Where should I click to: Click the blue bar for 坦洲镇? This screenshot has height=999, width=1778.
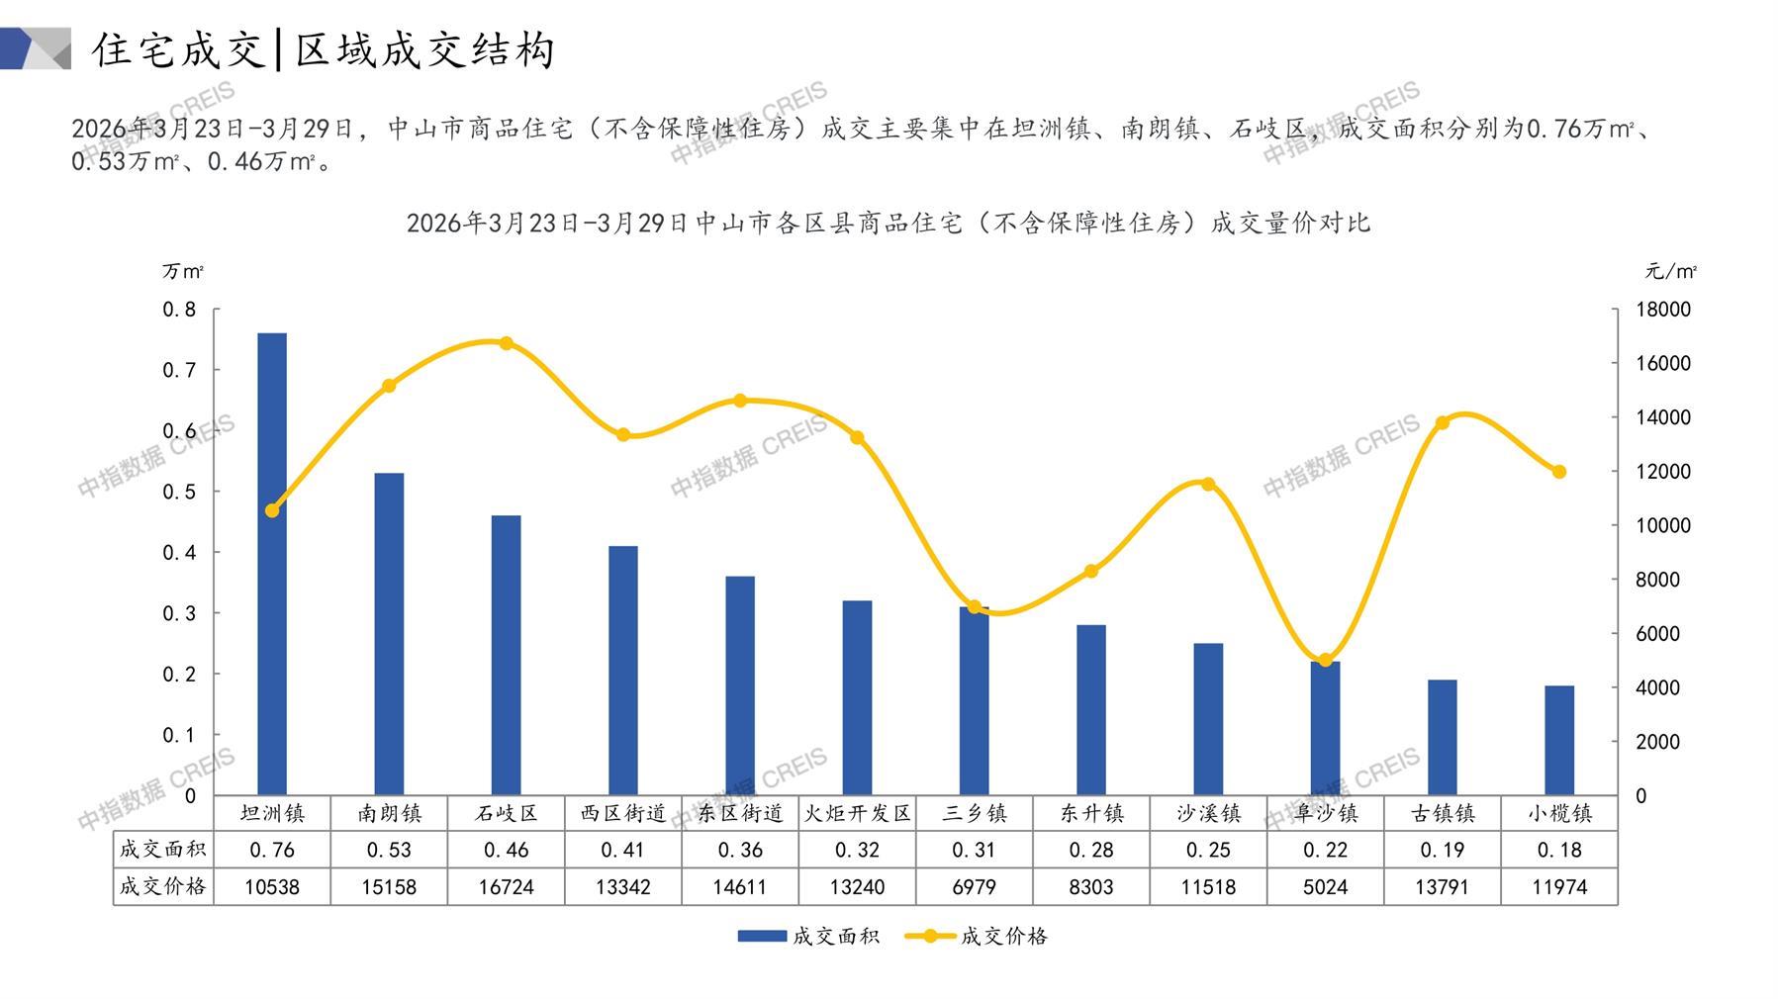tap(272, 564)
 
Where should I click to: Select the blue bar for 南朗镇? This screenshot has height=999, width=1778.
tap(389, 634)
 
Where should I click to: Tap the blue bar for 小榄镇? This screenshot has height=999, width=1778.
tap(1559, 740)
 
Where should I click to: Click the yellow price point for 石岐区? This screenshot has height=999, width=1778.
tap(507, 343)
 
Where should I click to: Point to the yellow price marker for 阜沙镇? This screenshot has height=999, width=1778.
tap(1325, 660)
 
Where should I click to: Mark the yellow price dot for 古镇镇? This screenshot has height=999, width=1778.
tap(1443, 422)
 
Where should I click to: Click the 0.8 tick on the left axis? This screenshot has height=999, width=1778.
tap(180, 310)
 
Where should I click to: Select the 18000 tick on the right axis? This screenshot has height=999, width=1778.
tap(1663, 310)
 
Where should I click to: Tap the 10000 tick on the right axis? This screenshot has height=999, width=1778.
tap(1663, 525)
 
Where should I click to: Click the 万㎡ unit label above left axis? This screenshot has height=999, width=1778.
tap(183, 271)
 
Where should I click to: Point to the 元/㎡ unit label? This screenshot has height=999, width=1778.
tap(1670, 271)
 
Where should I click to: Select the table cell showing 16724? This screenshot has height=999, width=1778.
tap(507, 887)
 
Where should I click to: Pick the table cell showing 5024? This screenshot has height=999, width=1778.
tap(1325, 887)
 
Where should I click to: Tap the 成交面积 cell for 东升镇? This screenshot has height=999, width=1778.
tap(1091, 850)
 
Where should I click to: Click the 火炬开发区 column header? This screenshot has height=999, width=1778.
tap(857, 813)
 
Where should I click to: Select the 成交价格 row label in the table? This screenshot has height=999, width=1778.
tap(163, 886)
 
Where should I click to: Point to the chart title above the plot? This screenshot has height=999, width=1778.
tap(889, 223)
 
